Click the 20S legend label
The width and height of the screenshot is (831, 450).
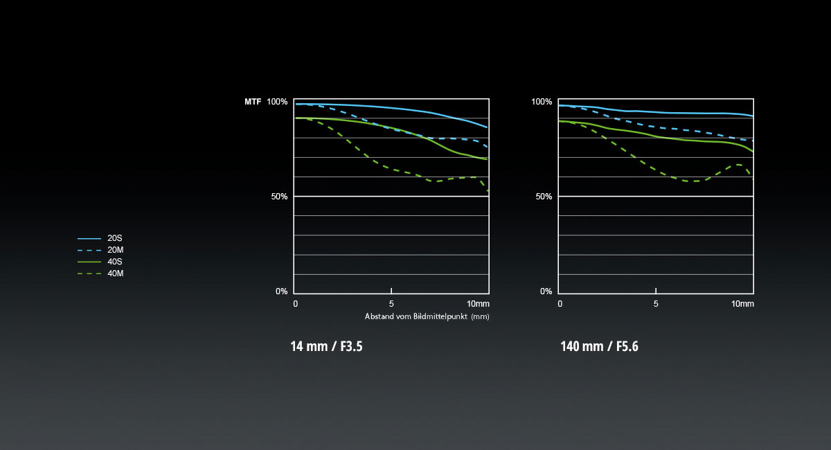115,238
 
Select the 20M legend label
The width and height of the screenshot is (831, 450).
116,250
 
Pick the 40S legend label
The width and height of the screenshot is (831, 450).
115,262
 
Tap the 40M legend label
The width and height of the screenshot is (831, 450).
116,273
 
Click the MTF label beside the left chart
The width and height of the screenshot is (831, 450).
253,102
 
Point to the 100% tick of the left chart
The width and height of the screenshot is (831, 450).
277,102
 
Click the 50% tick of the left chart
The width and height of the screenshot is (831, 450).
279,197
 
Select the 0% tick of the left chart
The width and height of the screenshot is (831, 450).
281,291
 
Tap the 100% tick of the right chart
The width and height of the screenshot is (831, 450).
542,102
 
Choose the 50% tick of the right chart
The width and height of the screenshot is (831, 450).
544,197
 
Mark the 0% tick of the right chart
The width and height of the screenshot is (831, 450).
546,291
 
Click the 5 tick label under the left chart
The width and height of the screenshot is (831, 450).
392,304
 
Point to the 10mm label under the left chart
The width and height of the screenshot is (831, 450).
479,304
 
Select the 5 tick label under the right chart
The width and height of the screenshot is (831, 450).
656,304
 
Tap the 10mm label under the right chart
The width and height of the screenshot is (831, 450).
742,304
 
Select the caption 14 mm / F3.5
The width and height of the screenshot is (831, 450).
327,346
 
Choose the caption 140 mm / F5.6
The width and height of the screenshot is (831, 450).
599,346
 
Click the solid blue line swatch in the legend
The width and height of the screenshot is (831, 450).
89,238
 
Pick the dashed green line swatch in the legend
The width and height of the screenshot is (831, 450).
89,273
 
